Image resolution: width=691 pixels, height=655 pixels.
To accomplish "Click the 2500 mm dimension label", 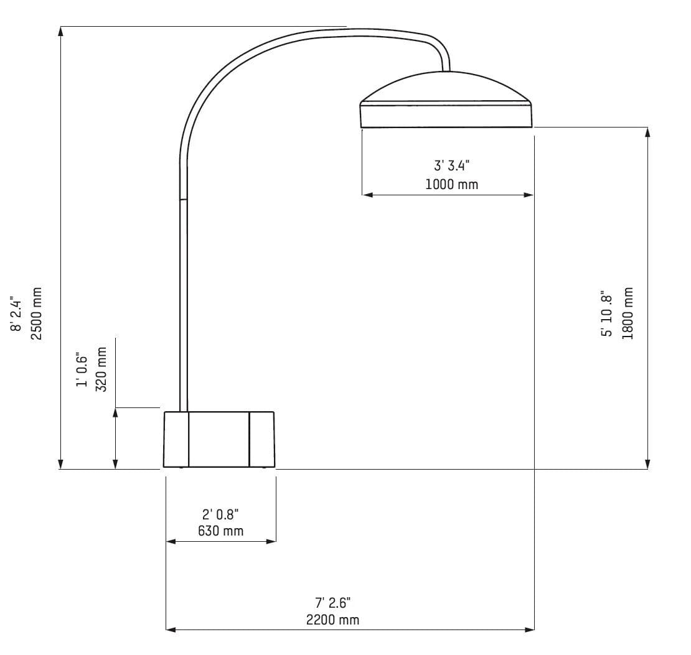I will pyautogui.click(x=37, y=314).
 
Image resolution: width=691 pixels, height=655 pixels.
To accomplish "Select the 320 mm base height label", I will pyautogui.click(x=101, y=369).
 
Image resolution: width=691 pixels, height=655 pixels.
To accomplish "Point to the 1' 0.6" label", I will pyautogui.click(x=82, y=369).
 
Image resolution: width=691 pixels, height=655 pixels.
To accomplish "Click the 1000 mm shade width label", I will pyautogui.click(x=452, y=184).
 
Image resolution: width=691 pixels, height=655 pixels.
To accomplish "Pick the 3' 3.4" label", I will pyautogui.click(x=452, y=165).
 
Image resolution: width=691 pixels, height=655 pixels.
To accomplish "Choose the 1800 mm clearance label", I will pyautogui.click(x=628, y=313).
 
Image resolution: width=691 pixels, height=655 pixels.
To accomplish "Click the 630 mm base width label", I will pyautogui.click(x=220, y=531).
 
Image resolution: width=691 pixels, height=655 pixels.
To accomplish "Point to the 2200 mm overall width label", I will pyautogui.click(x=332, y=620).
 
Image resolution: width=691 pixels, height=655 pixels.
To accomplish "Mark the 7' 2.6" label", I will pyautogui.click(x=332, y=602).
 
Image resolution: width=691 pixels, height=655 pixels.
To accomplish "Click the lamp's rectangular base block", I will pyautogui.click(x=219, y=439).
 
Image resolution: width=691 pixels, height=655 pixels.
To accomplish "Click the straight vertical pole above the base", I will pyautogui.click(x=184, y=305).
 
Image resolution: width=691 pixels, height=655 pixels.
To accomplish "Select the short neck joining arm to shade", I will pyautogui.click(x=446, y=63).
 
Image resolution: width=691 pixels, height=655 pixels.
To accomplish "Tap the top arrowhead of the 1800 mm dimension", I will pyautogui.click(x=648, y=132).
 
